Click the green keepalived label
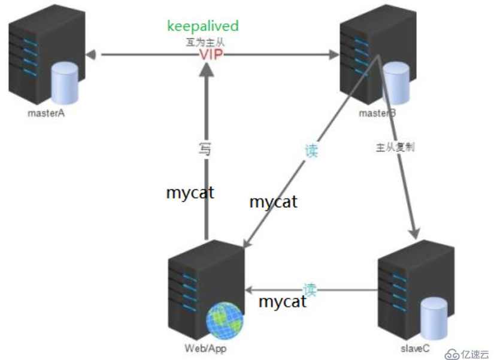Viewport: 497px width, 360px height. [203, 26]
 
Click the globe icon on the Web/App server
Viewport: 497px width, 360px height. [225, 318]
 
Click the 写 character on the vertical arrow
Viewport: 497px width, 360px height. [205, 149]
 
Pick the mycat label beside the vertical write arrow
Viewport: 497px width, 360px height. [190, 193]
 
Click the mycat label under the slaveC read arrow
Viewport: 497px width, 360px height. [282, 301]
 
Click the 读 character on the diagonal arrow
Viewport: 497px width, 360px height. [311, 150]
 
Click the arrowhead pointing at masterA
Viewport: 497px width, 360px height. [91, 55]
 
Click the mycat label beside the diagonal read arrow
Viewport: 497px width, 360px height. [273, 202]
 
